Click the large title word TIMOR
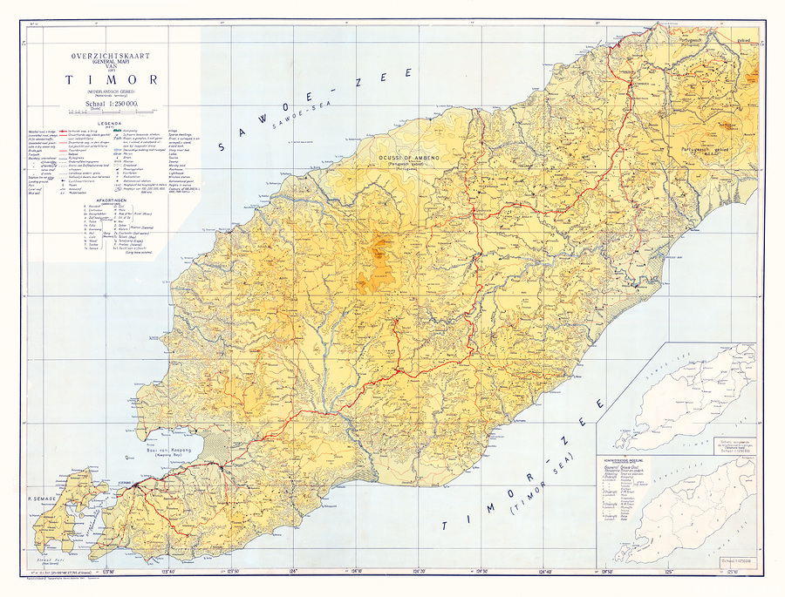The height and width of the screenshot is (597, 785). [110, 80]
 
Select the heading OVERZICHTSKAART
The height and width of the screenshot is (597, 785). [110, 55]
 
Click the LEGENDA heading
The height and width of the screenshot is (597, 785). [110, 123]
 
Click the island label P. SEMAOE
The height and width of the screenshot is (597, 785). [41, 498]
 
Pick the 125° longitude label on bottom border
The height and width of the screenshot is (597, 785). [669, 571]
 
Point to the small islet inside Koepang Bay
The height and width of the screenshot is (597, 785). [131, 457]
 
